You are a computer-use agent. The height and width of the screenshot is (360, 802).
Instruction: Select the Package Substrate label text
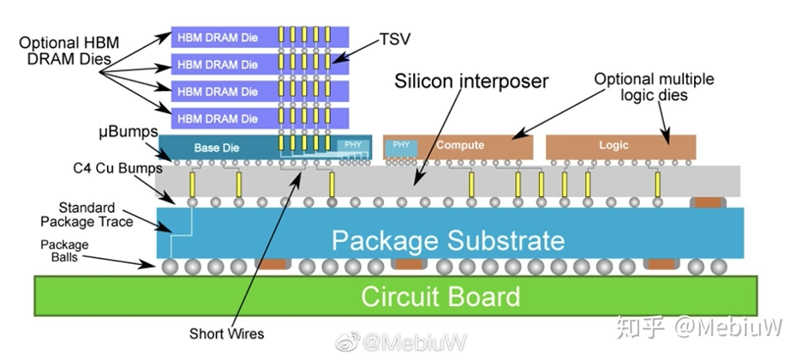pyautogui.click(x=448, y=238)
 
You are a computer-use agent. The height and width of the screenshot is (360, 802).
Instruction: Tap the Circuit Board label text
pyautogui.click(x=440, y=297)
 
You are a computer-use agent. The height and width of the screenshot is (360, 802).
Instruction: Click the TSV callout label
pyautogui.click(x=395, y=39)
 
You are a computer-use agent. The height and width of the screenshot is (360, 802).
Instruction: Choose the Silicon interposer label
pyautogui.click(x=470, y=83)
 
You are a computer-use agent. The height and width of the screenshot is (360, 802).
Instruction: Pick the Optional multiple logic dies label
pyautogui.click(x=655, y=87)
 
